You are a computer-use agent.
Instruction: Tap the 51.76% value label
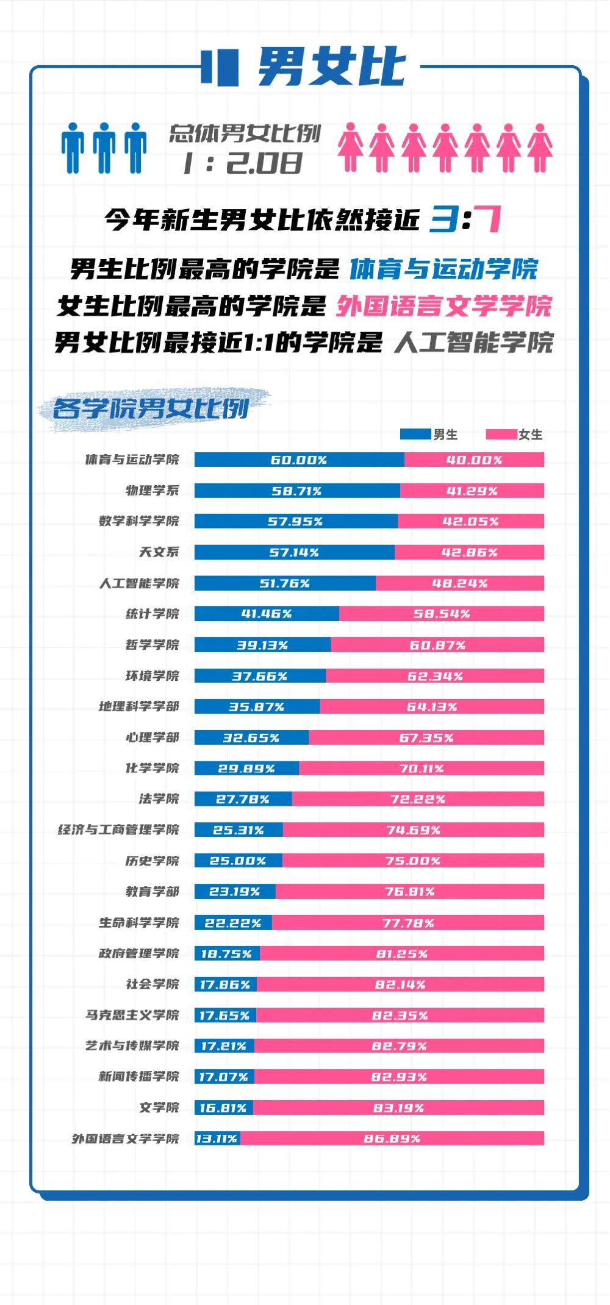284,583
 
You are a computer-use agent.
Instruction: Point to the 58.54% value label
442,614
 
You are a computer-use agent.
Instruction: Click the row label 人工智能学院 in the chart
139,583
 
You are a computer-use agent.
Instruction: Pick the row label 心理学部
152,738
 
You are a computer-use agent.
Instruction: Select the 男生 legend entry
429,435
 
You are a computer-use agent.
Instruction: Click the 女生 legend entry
514,435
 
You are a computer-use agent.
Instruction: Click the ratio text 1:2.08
242,163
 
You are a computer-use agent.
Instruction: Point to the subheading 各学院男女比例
151,408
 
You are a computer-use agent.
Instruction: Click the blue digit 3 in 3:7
443,219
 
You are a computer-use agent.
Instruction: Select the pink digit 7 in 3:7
488,219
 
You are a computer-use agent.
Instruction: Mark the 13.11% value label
217,1139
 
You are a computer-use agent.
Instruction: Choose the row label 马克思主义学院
132,1015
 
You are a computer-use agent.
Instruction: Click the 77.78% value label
408,923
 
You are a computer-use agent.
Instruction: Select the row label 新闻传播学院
139,1076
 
